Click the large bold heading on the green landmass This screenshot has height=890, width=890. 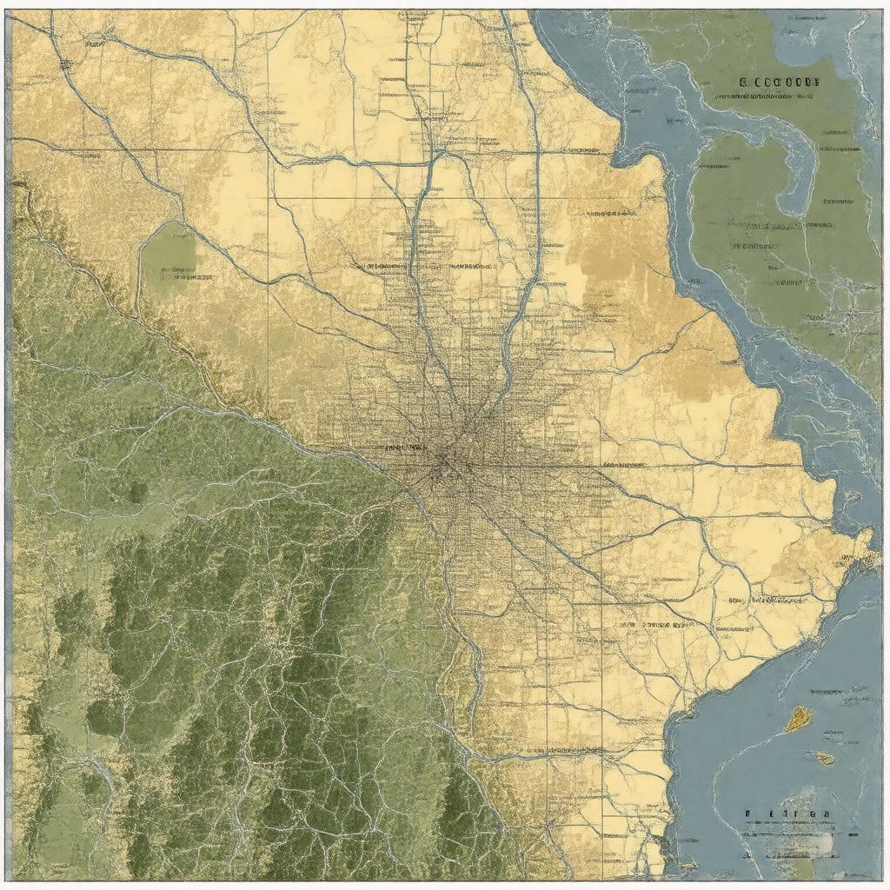pyautogui.click(x=780, y=82)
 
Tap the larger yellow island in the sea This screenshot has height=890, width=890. pyautogui.click(x=798, y=718)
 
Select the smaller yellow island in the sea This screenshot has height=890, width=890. pyautogui.click(x=823, y=758)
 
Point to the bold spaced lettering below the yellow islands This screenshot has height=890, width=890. pyautogui.click(x=787, y=815)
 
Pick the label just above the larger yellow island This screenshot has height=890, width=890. pyautogui.click(x=839, y=692)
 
